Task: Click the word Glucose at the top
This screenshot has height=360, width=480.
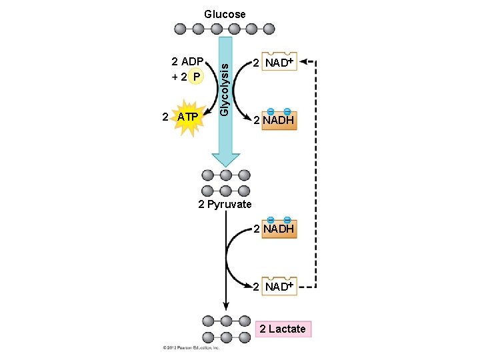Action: point(225,14)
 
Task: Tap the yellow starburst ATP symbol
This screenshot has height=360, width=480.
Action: point(187,118)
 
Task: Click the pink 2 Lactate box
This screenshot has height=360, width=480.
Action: point(283,329)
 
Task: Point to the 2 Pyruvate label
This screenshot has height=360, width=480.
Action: point(225,205)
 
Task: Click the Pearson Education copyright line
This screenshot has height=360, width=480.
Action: point(191,348)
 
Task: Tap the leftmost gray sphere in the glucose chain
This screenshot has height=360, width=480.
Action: point(181,29)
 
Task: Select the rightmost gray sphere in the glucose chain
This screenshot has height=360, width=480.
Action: point(269,29)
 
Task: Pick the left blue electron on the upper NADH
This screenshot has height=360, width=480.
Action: point(271,111)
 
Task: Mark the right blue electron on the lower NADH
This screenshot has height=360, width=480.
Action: point(287,220)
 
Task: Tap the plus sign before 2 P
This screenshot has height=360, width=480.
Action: point(175,77)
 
